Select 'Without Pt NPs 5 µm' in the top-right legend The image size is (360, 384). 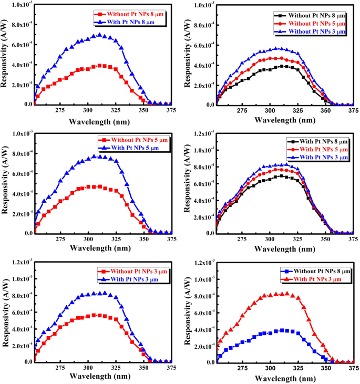point(313,24)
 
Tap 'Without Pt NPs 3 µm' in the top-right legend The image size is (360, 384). point(313,32)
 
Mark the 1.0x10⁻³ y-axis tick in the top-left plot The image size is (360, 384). point(19,5)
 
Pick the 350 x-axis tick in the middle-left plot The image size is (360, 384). point(143,240)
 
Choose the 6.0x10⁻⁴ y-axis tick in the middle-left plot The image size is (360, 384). point(19,173)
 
